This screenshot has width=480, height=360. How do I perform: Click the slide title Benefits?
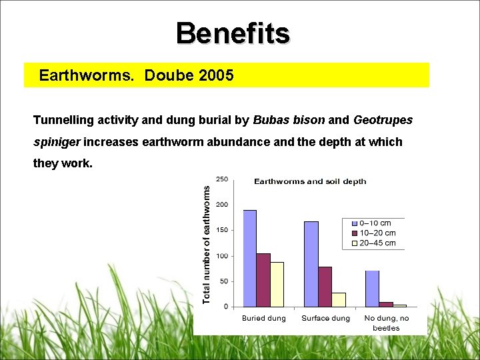coord(233,33)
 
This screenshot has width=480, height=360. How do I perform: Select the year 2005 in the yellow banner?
coord(216,75)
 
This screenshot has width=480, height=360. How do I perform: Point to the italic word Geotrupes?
coord(383,121)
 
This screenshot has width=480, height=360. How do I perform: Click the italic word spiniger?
coord(57,142)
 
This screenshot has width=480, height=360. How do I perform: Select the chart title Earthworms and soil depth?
coord(310,181)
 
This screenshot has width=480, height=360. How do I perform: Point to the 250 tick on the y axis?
coord(222,179)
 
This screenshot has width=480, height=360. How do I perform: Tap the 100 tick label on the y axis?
coord(222,256)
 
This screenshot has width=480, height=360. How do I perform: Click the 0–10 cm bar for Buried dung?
coord(250,259)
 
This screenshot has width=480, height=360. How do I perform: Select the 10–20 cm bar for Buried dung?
coord(263,280)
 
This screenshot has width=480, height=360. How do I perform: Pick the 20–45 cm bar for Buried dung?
coord(277,284)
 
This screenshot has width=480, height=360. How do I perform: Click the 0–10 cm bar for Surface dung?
coord(311,264)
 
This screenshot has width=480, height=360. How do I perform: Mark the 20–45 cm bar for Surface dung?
coord(339,299)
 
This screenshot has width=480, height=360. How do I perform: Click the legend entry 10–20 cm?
coord(377,233)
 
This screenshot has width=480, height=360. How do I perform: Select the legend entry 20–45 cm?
coord(377,243)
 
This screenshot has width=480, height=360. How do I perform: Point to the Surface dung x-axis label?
coord(325,318)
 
